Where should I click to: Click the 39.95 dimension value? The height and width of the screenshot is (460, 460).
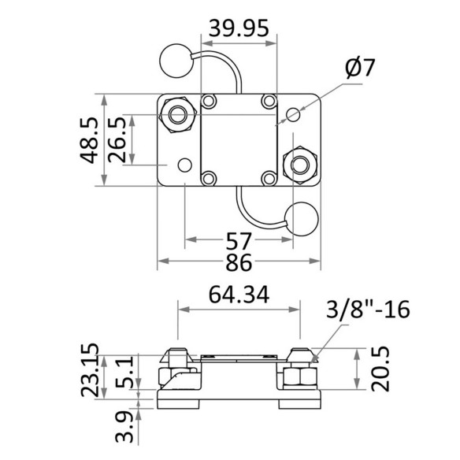pos(239,28)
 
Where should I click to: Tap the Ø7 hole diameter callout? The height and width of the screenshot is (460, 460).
pos(360,68)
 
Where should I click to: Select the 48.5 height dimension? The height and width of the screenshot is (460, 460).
pos(89,140)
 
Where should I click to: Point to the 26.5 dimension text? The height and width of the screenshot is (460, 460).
pos(117,140)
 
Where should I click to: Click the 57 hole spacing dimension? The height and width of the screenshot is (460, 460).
pos(239,241)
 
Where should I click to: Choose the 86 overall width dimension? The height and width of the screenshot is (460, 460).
pos(239,262)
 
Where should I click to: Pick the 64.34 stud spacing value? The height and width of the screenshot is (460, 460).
pos(239,295)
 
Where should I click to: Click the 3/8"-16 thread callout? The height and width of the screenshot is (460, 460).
pos(368,310)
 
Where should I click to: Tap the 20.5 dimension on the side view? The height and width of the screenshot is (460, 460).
pos(380,369)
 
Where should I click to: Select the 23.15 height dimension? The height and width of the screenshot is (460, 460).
pos(90,370)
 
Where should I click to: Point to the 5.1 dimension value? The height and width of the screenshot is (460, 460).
pos(124,372)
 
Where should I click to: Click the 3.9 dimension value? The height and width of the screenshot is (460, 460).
pos(124,427)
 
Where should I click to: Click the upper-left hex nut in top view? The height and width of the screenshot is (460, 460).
pos(178,114)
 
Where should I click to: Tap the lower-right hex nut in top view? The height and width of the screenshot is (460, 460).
pos(300,165)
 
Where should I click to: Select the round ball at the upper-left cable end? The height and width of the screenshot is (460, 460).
pos(176,61)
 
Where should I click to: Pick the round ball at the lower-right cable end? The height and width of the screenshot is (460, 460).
pos(302,219)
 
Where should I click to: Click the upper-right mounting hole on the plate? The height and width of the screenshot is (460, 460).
pos(293,114)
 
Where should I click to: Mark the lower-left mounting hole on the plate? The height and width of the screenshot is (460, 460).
pos(185,165)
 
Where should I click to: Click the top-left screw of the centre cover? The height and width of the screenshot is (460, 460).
pos(209,101)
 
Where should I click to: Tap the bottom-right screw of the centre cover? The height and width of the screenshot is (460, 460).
pos(269,178)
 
